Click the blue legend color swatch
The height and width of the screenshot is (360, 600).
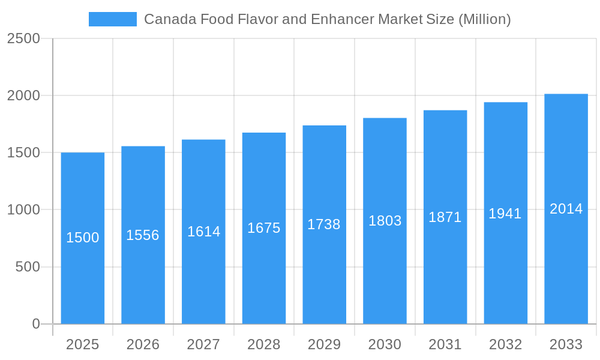(112, 19)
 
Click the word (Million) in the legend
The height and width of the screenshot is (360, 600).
(484, 19)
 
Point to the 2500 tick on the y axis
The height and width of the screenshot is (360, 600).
(23, 38)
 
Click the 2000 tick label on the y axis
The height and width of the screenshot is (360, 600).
(23, 95)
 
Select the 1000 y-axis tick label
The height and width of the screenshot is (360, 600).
(23, 210)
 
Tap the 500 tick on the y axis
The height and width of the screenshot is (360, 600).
(28, 267)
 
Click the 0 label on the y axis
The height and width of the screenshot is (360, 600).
(35, 324)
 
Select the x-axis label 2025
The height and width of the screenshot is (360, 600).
(82, 344)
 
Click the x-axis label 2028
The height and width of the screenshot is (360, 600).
(263, 344)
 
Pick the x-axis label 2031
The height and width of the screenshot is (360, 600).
(445, 344)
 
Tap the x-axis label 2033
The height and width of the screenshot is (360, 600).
(566, 344)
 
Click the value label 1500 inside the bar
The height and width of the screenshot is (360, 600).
(82, 238)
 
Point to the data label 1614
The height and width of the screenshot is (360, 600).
(203, 232)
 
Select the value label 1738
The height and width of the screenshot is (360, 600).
(324, 224)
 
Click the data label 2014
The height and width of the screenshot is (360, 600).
(566, 209)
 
